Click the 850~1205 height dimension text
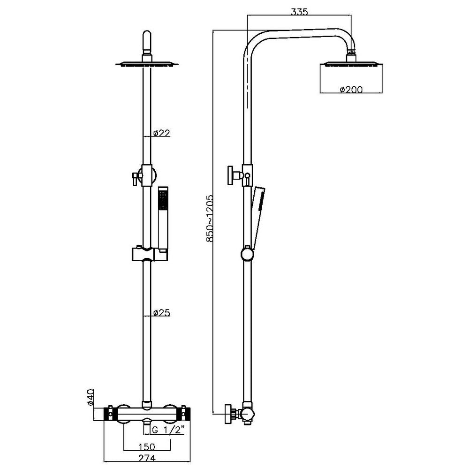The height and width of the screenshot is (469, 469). (211, 218)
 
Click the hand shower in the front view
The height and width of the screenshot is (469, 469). (162, 218)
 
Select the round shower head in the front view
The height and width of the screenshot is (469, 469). (147, 64)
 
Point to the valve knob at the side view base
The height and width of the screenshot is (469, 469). (230, 414)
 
